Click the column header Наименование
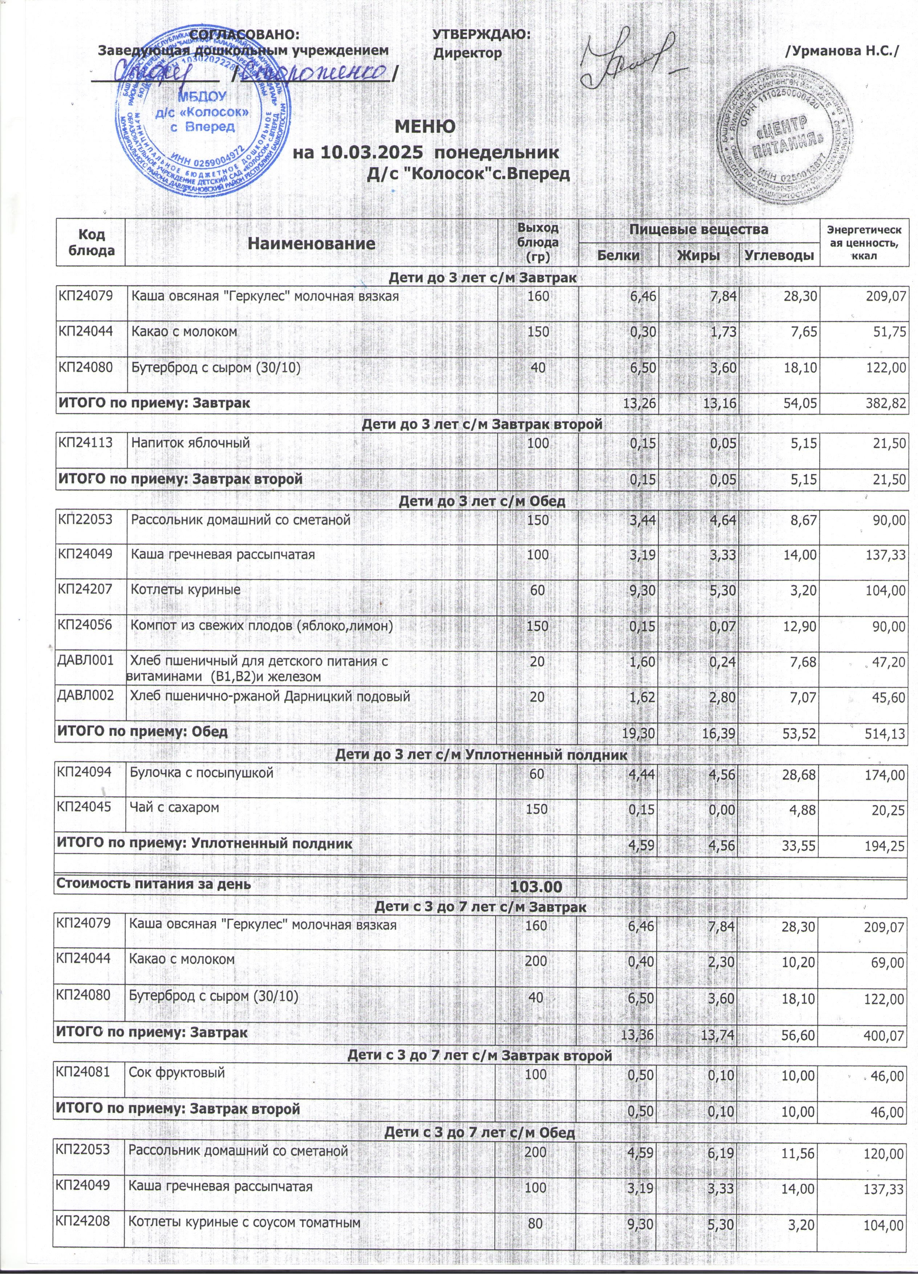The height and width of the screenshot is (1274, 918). click(x=312, y=243)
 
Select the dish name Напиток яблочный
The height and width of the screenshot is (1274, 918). click(x=190, y=443)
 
